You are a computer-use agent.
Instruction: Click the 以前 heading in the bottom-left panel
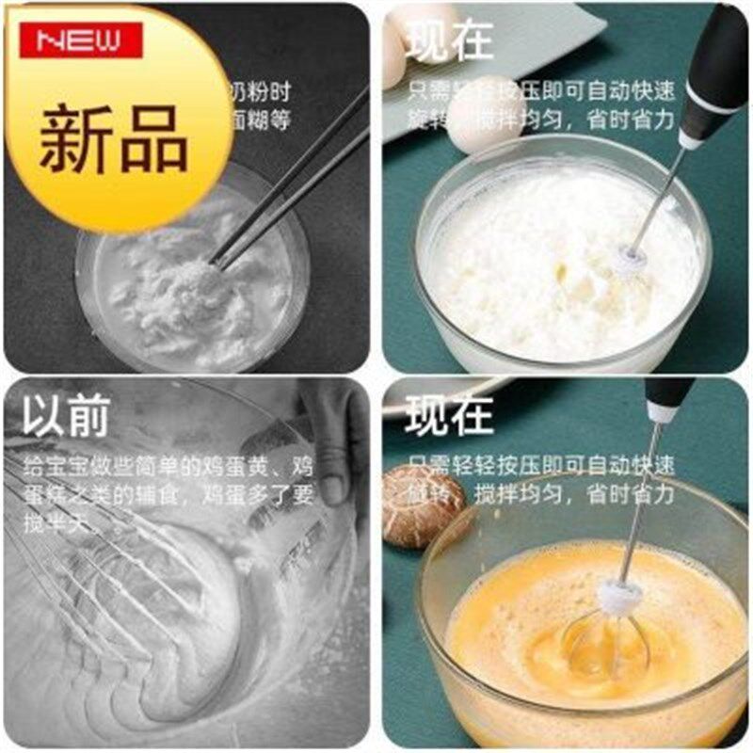click(x=66, y=415)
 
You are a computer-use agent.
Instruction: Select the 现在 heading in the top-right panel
click(x=449, y=41)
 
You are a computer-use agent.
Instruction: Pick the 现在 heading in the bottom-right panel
click(x=449, y=415)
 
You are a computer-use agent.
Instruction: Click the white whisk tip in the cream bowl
click(x=631, y=257)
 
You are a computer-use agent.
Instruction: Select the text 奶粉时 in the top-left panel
click(x=260, y=92)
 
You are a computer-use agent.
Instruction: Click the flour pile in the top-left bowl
click(x=193, y=287)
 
